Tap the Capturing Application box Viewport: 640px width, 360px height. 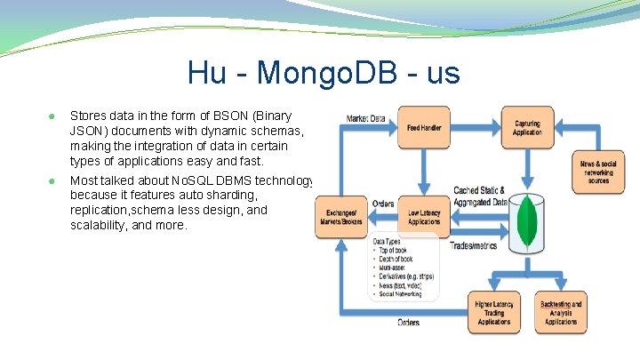pos(527,127)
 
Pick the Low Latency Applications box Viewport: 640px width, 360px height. pos(424,216)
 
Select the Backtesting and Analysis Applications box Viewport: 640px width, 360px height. pos(560,313)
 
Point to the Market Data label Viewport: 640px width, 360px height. pos(365,117)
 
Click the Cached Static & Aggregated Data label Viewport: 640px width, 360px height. pos(479,196)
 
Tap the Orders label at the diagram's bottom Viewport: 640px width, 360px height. pos(409,322)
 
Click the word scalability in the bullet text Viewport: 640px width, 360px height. pos(100,226)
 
